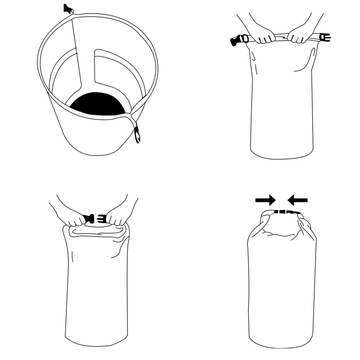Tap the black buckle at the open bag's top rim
click(68, 9)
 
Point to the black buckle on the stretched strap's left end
click(229, 40)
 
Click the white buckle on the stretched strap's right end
click(321, 40)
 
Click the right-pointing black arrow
click(264, 200)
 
